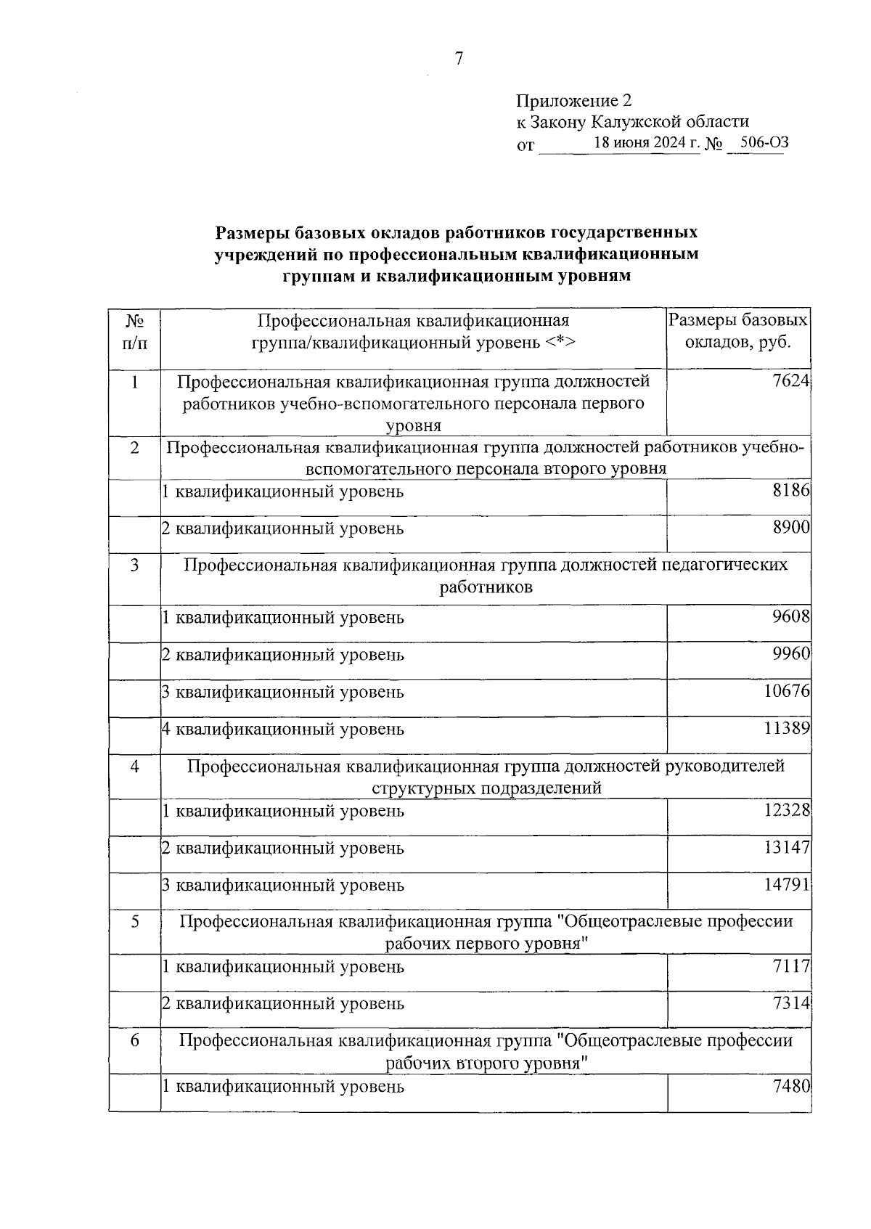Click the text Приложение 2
(x=574, y=100)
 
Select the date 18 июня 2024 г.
(x=646, y=143)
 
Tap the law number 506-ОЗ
(x=759, y=143)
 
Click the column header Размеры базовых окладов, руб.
(x=737, y=331)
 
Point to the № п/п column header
(x=134, y=331)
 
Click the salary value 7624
(x=790, y=381)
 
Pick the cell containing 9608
(x=790, y=617)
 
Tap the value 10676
(x=787, y=691)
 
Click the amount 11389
(x=787, y=728)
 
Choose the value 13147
(x=787, y=847)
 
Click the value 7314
(x=790, y=1003)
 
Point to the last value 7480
(x=790, y=1086)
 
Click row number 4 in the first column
(x=135, y=766)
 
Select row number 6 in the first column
(x=135, y=1040)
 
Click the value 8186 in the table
(x=790, y=491)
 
